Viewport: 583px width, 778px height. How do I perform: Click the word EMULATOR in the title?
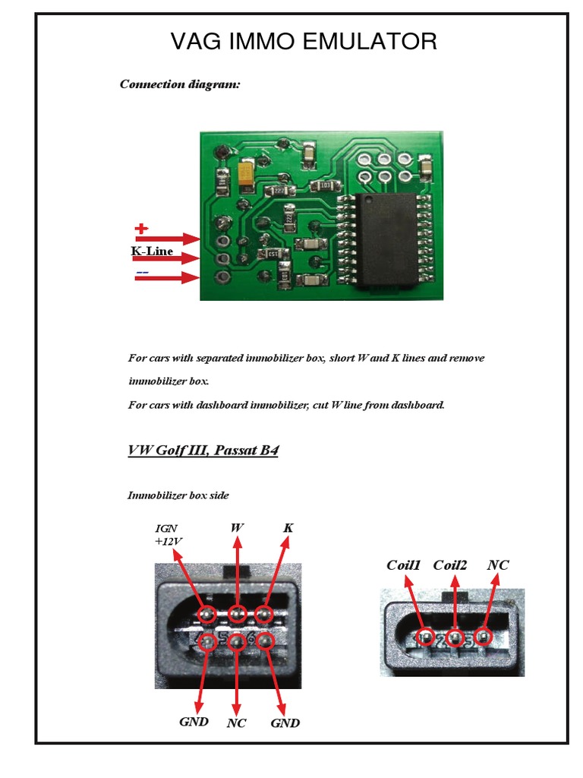click(x=370, y=41)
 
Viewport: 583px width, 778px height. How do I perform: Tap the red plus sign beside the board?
click(x=141, y=228)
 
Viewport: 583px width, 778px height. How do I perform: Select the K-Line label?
click(x=152, y=251)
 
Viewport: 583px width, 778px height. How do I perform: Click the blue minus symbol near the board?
click(x=142, y=273)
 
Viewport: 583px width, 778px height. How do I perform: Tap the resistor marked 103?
click(x=325, y=185)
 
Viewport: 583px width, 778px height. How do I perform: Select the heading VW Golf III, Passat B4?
click(x=203, y=451)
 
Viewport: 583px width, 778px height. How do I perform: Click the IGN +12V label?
click(x=168, y=535)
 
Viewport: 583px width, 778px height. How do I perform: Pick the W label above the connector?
click(x=237, y=527)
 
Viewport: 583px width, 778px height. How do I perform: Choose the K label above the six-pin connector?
click(x=288, y=528)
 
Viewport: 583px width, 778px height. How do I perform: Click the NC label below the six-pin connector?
click(x=237, y=723)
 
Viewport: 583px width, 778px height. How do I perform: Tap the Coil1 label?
click(x=404, y=565)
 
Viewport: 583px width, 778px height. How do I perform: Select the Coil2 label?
click(x=450, y=565)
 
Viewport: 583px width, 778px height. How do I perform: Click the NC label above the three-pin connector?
click(x=498, y=565)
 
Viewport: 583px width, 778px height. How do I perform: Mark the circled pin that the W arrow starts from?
click(x=238, y=615)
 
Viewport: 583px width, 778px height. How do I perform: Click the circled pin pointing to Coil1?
click(x=425, y=637)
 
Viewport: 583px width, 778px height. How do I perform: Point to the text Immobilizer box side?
click(x=178, y=495)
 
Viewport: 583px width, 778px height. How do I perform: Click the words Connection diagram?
click(x=180, y=84)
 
